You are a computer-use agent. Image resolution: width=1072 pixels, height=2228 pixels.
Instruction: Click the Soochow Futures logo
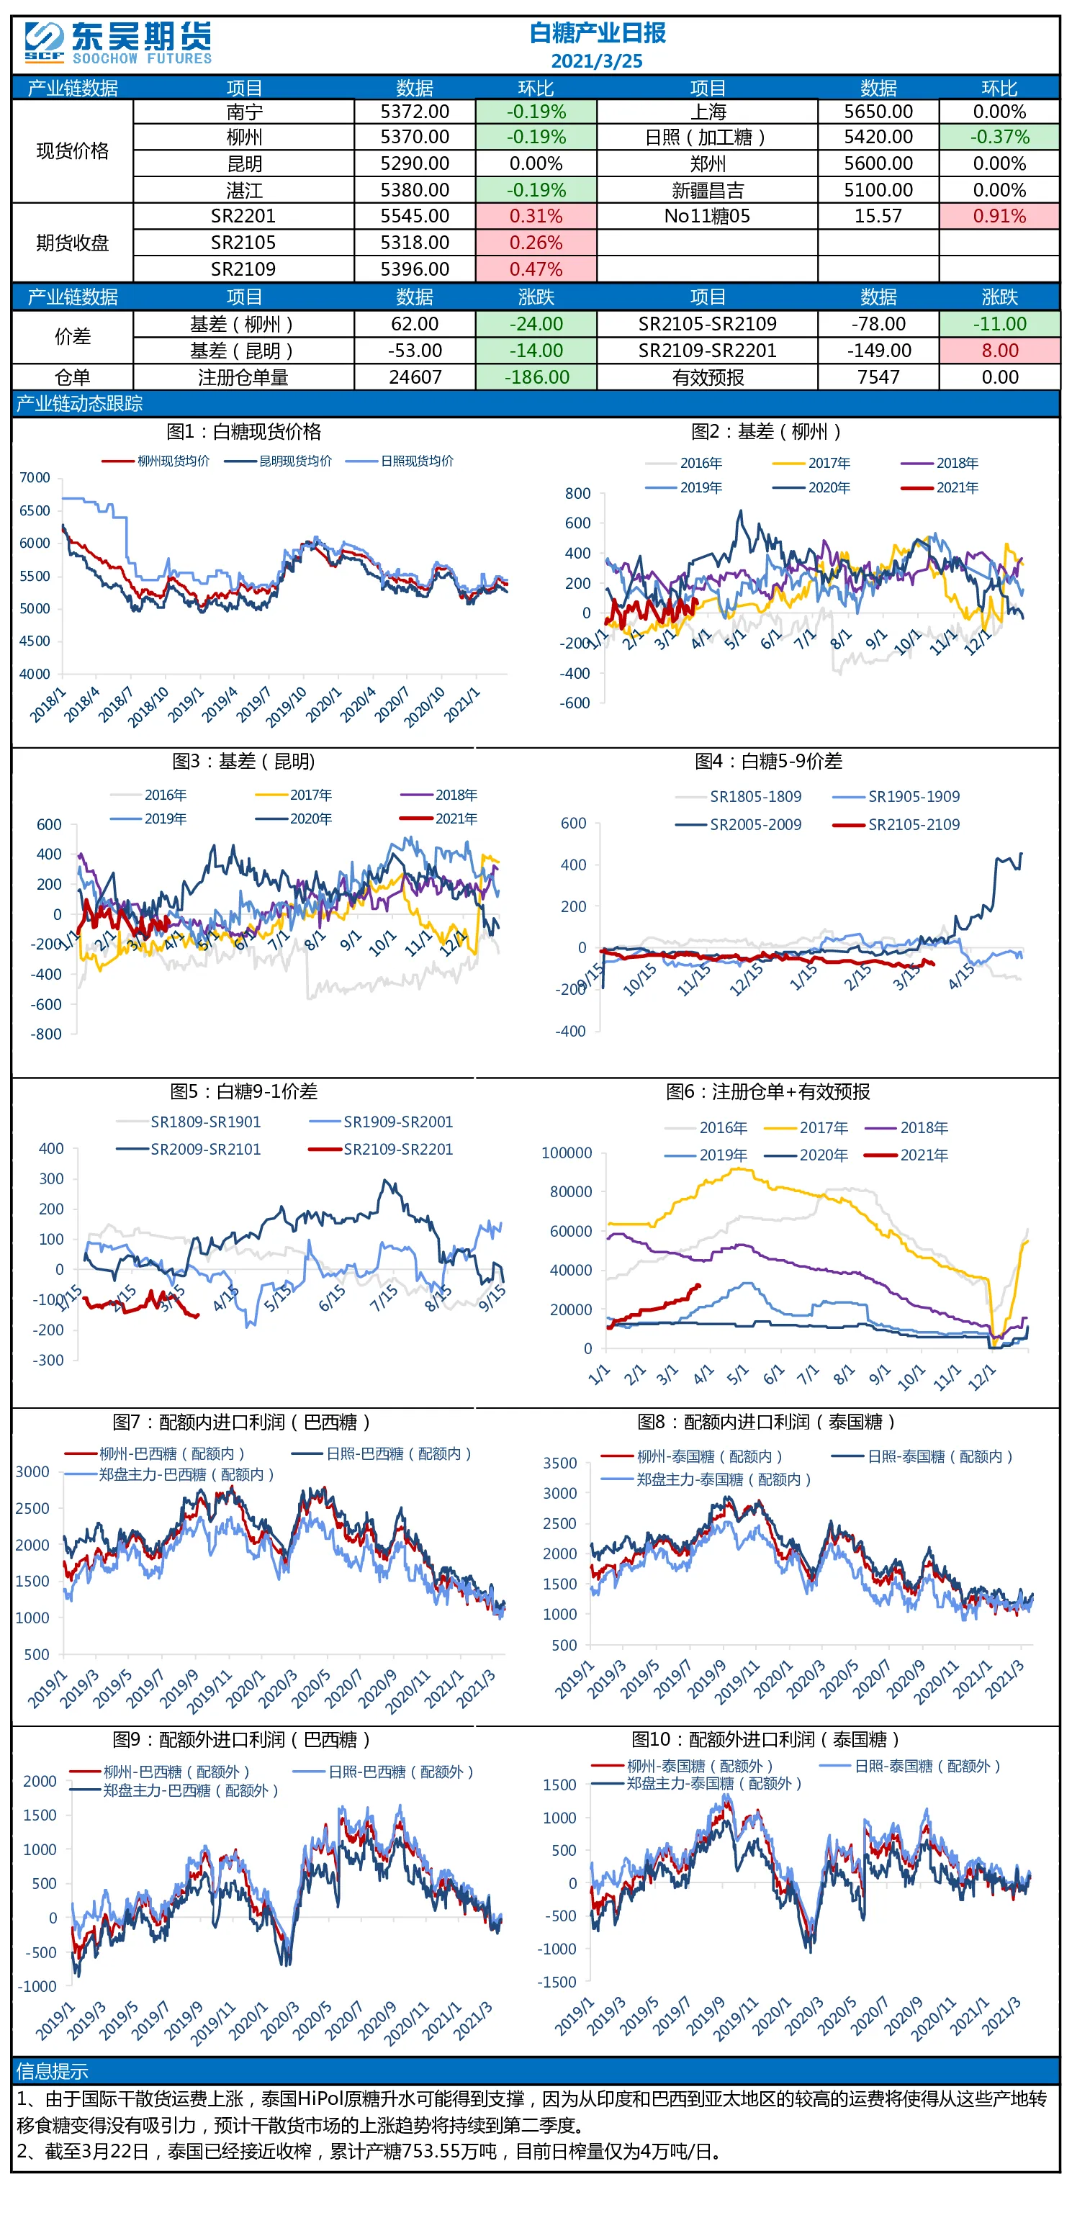pyautogui.click(x=117, y=42)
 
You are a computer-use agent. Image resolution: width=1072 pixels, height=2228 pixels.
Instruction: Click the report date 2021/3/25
pyautogui.click(x=596, y=61)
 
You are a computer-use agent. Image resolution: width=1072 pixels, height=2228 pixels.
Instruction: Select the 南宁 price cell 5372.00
pyautogui.click(x=415, y=112)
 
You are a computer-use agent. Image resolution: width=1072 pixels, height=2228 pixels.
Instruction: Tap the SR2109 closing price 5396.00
pyautogui.click(x=415, y=269)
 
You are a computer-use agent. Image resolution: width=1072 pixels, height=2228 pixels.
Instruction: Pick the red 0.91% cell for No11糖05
pyautogui.click(x=999, y=216)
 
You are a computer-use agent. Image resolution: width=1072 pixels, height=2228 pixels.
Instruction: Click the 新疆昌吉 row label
pyautogui.click(x=708, y=190)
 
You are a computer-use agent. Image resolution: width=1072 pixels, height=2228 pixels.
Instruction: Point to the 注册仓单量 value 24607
pyautogui.click(x=415, y=377)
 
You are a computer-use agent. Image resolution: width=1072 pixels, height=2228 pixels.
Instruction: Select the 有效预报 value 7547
pyautogui.click(x=878, y=377)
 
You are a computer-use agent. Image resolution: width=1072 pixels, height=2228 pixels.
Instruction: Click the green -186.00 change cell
pyautogui.click(x=536, y=377)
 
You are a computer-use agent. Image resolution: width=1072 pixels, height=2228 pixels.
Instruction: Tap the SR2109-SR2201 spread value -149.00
pyautogui.click(x=878, y=351)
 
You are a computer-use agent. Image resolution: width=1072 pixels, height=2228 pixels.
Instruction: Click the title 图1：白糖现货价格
pyautogui.click(x=243, y=432)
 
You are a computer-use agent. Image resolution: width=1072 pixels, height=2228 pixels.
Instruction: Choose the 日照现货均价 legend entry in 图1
pyautogui.click(x=400, y=461)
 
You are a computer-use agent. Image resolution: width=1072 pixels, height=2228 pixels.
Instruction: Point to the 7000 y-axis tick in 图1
pyautogui.click(x=35, y=477)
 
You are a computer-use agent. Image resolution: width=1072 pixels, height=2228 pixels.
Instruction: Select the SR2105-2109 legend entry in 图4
pyautogui.click(x=896, y=824)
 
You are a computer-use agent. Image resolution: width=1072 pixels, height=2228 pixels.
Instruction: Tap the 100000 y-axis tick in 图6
pyautogui.click(x=567, y=1153)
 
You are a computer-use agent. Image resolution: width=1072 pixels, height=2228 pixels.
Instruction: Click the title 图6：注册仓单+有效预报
pyautogui.click(x=767, y=1091)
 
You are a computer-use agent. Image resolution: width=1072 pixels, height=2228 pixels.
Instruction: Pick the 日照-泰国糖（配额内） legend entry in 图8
pyautogui.click(x=922, y=1456)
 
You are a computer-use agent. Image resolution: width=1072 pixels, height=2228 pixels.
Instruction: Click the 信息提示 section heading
pyautogui.click(x=52, y=2070)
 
